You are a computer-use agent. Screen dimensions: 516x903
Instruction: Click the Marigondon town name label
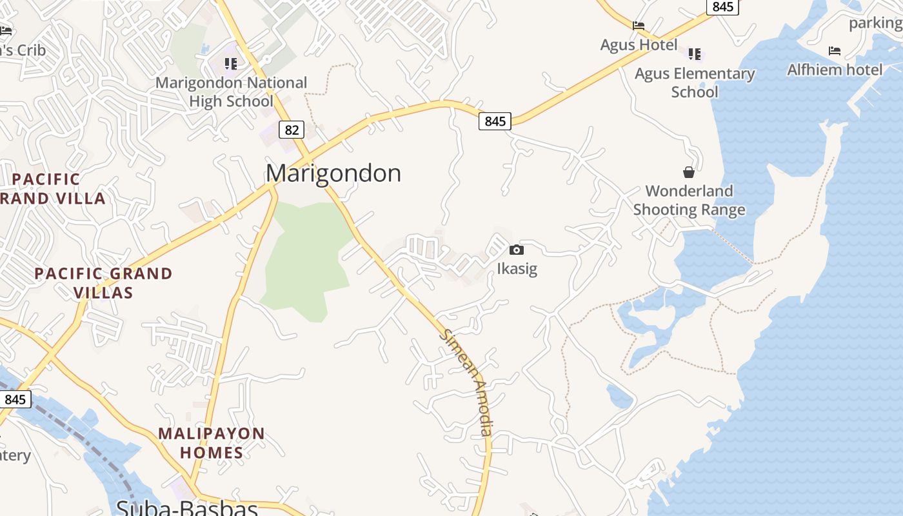tap(333, 173)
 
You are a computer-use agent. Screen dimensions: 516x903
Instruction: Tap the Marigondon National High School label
tap(232, 92)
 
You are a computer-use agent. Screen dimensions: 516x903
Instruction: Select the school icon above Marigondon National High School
tap(231, 63)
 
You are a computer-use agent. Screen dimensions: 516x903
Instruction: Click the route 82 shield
tap(292, 130)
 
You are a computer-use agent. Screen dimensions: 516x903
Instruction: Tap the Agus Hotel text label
tap(639, 45)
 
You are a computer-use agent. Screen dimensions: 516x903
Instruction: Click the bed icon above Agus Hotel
tap(639, 26)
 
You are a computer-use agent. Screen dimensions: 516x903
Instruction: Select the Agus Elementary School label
tap(695, 83)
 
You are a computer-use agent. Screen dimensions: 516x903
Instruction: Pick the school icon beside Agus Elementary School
tap(695, 54)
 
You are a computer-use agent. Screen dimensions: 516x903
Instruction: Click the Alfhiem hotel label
tap(835, 70)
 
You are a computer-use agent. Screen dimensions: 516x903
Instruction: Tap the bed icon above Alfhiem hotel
tap(835, 50)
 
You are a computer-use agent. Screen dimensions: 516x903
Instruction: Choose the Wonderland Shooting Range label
tap(689, 200)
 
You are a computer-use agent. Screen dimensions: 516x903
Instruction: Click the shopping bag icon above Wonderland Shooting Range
tap(689, 172)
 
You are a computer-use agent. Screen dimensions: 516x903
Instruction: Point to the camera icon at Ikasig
tap(517, 250)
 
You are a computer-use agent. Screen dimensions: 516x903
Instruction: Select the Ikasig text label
tap(517, 268)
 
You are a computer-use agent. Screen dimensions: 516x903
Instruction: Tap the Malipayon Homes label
tap(212, 442)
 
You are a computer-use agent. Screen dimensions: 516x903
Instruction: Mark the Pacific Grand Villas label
tap(103, 283)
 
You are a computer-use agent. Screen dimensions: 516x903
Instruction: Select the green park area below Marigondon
tap(306, 258)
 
